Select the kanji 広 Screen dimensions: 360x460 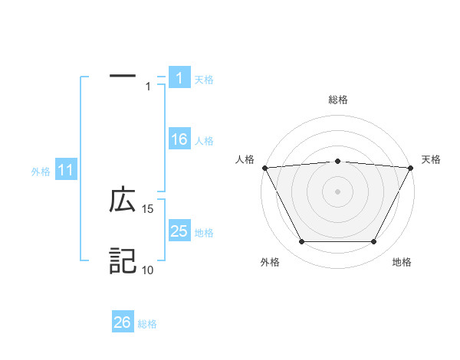123,201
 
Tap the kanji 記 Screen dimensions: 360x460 123,261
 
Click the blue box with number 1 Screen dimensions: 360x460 179,78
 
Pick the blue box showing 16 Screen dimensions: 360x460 179,139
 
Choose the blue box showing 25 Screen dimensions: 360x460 179,231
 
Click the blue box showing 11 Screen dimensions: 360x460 64,170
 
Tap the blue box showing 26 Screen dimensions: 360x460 123,322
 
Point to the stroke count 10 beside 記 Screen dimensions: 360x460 148,270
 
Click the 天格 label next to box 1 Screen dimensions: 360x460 204,80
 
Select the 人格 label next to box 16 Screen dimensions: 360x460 204,141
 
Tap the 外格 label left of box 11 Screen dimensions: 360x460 41,172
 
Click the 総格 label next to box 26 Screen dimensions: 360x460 147,324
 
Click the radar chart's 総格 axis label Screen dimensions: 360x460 338,100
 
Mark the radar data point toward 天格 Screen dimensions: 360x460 411,168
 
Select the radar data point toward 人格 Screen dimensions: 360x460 264,168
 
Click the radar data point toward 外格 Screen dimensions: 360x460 301,242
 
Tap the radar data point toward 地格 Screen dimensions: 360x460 374,242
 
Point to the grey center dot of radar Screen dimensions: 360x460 338,191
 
